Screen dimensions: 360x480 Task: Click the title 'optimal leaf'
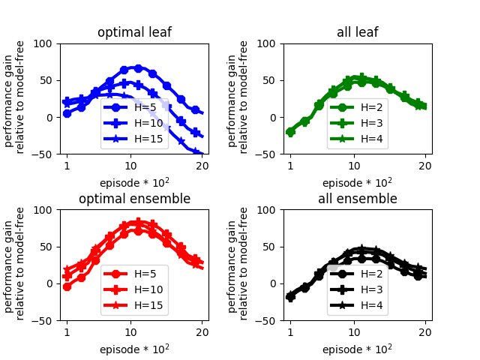click(x=134, y=32)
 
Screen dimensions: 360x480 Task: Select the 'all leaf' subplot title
click(x=357, y=32)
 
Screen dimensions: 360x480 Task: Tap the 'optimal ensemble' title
click(x=134, y=199)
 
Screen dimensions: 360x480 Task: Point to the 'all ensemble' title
click(x=357, y=199)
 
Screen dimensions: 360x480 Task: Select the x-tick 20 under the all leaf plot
click(x=424, y=165)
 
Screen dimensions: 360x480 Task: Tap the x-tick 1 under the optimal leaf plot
click(x=67, y=165)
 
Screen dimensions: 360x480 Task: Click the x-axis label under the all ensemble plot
click(x=357, y=349)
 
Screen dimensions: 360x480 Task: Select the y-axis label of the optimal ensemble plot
click(x=14, y=265)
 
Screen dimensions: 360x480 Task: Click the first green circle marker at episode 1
click(x=290, y=132)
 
